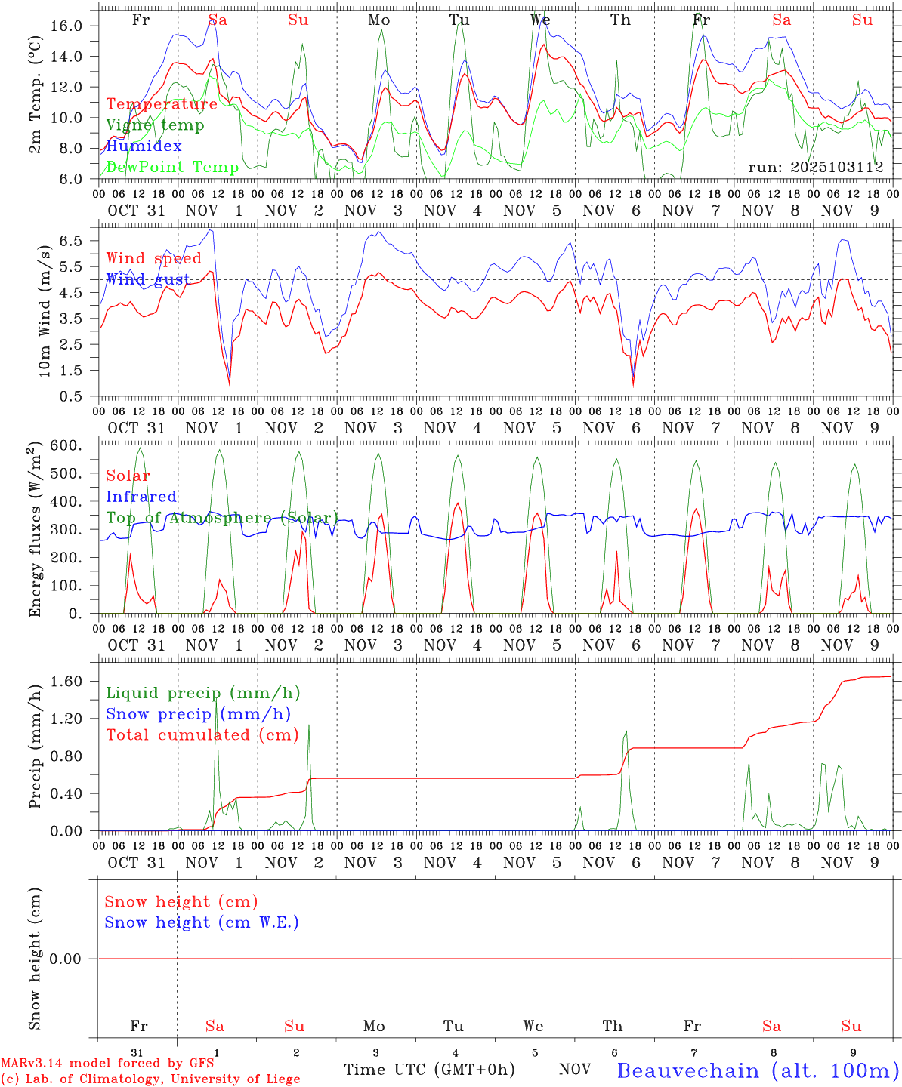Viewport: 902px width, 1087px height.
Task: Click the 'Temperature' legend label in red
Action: pos(162,104)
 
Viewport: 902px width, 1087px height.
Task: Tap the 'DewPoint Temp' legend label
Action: pos(172,167)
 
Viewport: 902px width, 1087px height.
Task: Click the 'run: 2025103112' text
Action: pos(816,167)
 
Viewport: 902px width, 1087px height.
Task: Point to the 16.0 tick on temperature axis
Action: pos(66,26)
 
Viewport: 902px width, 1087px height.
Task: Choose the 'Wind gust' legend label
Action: pos(148,279)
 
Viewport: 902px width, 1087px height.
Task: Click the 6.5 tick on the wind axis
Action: pos(69,241)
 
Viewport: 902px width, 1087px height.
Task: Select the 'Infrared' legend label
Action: pos(141,497)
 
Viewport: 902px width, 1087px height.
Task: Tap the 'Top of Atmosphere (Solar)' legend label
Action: pos(222,518)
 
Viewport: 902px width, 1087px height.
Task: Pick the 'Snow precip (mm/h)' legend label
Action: pos(198,714)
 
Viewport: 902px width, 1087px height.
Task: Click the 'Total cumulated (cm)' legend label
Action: pos(202,735)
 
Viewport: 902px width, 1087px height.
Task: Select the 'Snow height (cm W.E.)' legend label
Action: pos(202,922)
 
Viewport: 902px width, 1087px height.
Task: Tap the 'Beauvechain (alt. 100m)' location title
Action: pos(758,1070)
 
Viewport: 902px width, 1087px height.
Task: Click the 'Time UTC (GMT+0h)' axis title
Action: pos(429,1070)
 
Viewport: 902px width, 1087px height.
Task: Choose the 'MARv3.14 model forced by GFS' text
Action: pos(107,1064)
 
